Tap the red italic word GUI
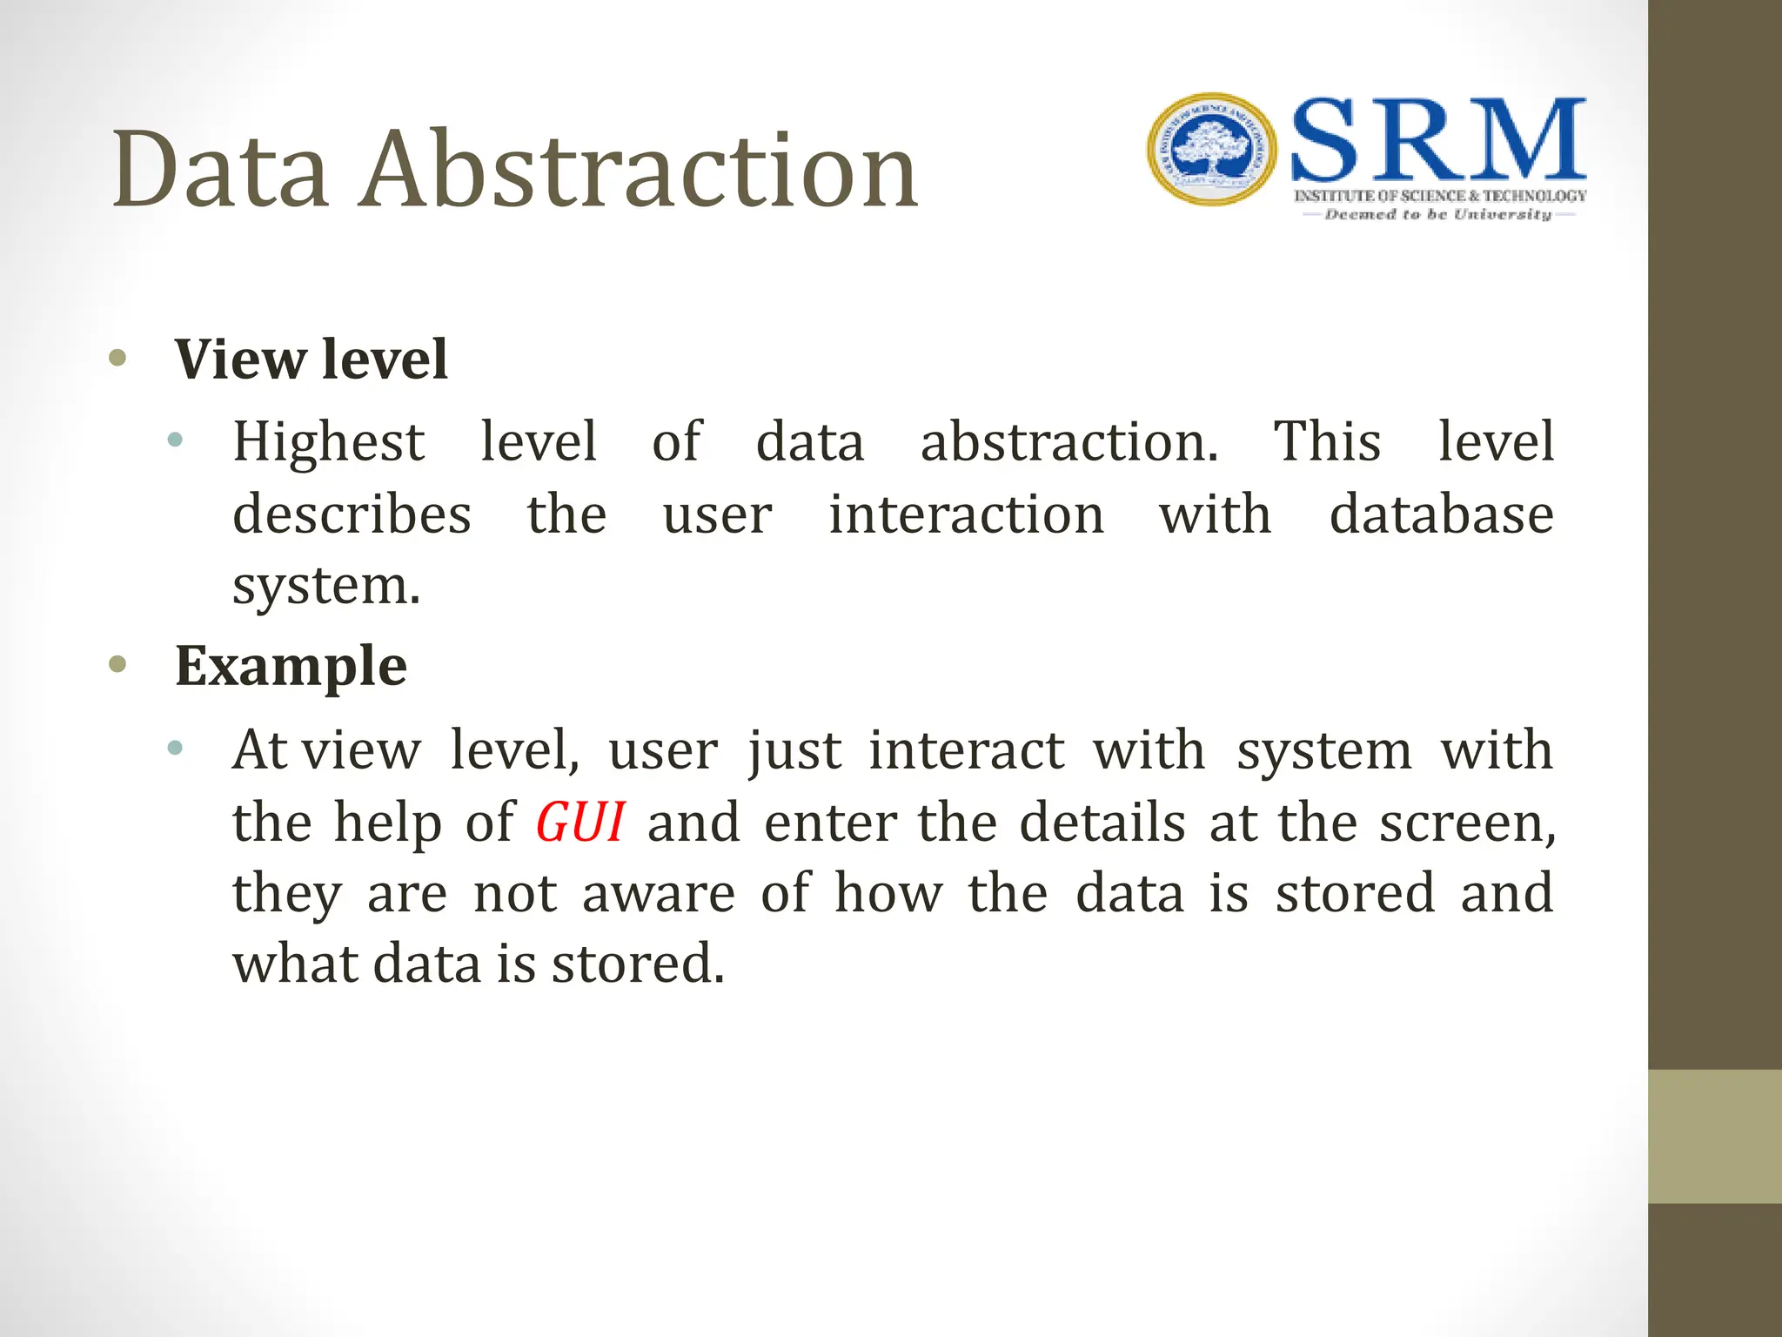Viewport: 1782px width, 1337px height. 579,822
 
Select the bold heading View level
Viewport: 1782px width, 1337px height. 311,359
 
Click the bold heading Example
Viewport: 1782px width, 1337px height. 291,666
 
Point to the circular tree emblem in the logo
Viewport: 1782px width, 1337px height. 1212,150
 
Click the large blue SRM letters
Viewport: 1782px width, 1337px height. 1437,139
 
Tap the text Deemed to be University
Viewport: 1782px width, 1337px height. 1437,214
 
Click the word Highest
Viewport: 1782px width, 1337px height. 328,441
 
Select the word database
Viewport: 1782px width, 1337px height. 1441,514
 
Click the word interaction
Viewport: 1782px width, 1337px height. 966,514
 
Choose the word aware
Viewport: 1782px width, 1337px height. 658,894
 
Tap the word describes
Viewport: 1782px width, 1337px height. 352,514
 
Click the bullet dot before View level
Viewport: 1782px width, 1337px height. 118,358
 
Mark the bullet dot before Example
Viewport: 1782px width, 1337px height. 118,665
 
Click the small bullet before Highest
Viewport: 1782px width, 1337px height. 175,440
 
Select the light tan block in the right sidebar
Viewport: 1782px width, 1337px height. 1714,1136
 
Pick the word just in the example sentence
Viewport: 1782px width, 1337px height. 794,750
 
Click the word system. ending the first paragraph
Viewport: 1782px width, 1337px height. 325,587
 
